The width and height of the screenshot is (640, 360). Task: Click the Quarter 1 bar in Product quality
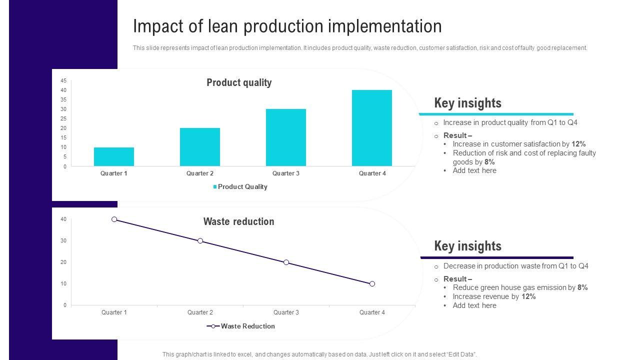click(x=114, y=156)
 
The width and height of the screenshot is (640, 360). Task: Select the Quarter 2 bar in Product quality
click(x=200, y=147)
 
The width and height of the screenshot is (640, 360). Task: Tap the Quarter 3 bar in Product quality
click(x=286, y=137)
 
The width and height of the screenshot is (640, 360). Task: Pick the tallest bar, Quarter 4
click(x=372, y=128)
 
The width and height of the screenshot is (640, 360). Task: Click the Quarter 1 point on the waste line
click(x=114, y=219)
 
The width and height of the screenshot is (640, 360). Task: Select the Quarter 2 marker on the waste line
click(x=200, y=241)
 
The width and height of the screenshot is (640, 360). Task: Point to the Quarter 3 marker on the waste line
click(x=286, y=262)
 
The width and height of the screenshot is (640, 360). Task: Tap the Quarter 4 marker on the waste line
click(x=372, y=284)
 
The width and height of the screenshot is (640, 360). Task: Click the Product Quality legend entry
click(x=240, y=187)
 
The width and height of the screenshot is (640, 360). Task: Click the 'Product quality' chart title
click(x=239, y=82)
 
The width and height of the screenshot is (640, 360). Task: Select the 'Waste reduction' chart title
click(x=238, y=221)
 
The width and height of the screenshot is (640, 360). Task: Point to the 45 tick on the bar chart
click(x=63, y=80)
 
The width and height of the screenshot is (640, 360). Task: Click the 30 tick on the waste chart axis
click(x=63, y=241)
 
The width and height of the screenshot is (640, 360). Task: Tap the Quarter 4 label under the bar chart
click(x=372, y=173)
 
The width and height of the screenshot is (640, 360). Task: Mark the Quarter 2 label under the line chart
click(x=200, y=312)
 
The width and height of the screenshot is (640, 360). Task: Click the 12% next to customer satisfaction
click(x=578, y=144)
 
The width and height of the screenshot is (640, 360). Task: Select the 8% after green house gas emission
click(x=582, y=288)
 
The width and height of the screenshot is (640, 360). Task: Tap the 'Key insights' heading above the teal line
click(x=467, y=103)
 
